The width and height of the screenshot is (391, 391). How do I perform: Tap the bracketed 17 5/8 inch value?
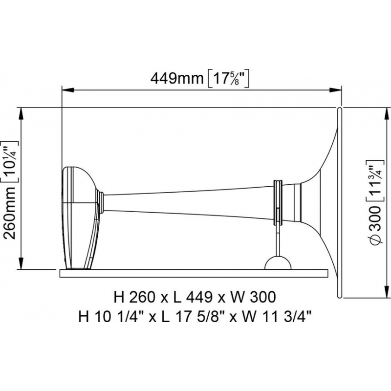(229, 78)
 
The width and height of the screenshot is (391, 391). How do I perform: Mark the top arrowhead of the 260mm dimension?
(22, 113)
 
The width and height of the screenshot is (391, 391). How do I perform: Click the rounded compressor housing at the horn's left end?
(79, 217)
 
